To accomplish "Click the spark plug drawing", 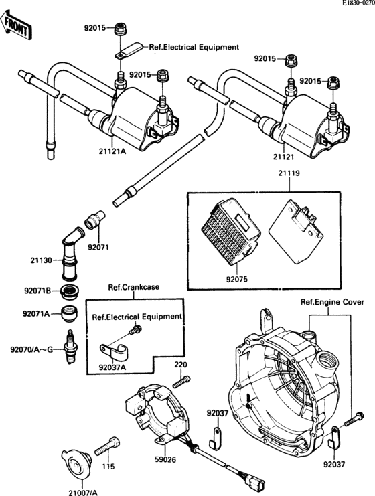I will pyautogui.click(x=69, y=344).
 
